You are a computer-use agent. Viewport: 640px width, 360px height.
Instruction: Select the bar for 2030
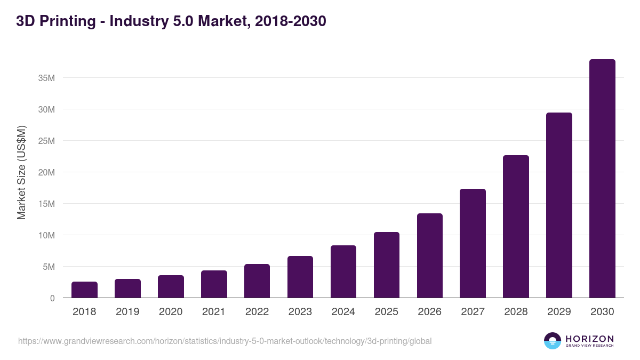tap(602, 179)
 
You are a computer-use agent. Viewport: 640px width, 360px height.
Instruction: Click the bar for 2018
tap(84, 290)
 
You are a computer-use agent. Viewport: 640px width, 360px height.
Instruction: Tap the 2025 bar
tap(386, 265)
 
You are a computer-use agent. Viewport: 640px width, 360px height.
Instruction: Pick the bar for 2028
tap(516, 227)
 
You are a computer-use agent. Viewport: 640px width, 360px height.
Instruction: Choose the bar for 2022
tap(257, 281)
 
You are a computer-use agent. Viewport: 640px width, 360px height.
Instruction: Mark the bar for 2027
tap(473, 243)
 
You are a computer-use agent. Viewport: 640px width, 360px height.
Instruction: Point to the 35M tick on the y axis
tap(46, 78)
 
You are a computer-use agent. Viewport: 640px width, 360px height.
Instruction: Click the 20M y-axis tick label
tap(46, 172)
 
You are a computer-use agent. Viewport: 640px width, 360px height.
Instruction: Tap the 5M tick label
tap(49, 267)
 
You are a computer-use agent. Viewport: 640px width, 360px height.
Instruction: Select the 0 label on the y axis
tap(52, 298)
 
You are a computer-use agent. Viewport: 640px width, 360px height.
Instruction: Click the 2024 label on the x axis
tap(343, 312)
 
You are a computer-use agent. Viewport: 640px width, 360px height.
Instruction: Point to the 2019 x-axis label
tap(127, 312)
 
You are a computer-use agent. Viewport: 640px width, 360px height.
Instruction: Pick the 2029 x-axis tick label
tap(559, 312)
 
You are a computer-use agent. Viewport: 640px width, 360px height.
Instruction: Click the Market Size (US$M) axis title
tap(21, 172)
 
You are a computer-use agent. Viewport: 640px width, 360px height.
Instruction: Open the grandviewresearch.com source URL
tap(225, 341)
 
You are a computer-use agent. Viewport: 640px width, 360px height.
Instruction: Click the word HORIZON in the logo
tap(589, 338)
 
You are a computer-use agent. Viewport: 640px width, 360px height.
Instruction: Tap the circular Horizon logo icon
tap(553, 341)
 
